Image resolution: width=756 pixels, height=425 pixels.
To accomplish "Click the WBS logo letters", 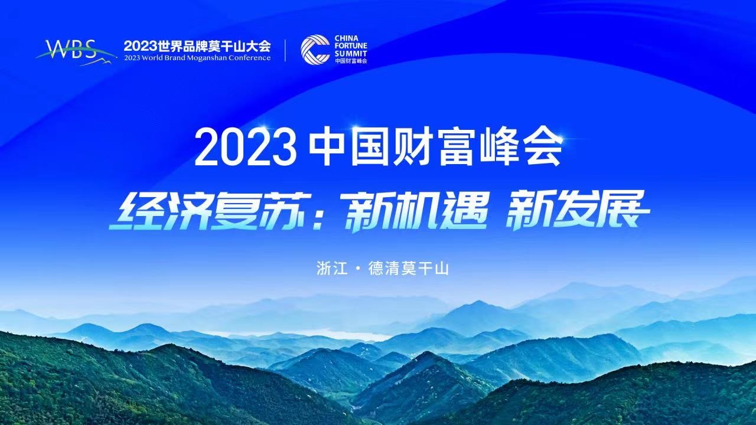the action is (71, 49).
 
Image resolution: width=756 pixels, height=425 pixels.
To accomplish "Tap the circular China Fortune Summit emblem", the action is (315, 50).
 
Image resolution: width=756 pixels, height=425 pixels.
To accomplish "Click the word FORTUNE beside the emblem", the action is (351, 46).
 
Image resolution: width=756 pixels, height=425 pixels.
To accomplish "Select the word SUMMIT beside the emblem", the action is (351, 54).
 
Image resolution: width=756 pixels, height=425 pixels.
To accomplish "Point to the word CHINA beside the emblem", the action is (347, 38).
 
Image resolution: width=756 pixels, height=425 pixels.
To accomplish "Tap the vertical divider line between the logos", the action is (285, 51).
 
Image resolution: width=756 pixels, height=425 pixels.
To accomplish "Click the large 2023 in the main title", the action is (245, 148).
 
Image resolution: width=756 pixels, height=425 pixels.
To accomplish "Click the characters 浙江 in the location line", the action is (332, 269).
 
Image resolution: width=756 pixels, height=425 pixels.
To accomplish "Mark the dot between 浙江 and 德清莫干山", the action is (359, 269).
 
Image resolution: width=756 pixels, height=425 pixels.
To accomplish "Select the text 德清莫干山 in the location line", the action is (409, 269).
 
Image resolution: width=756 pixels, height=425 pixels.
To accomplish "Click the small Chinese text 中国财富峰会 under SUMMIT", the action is (351, 61).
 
